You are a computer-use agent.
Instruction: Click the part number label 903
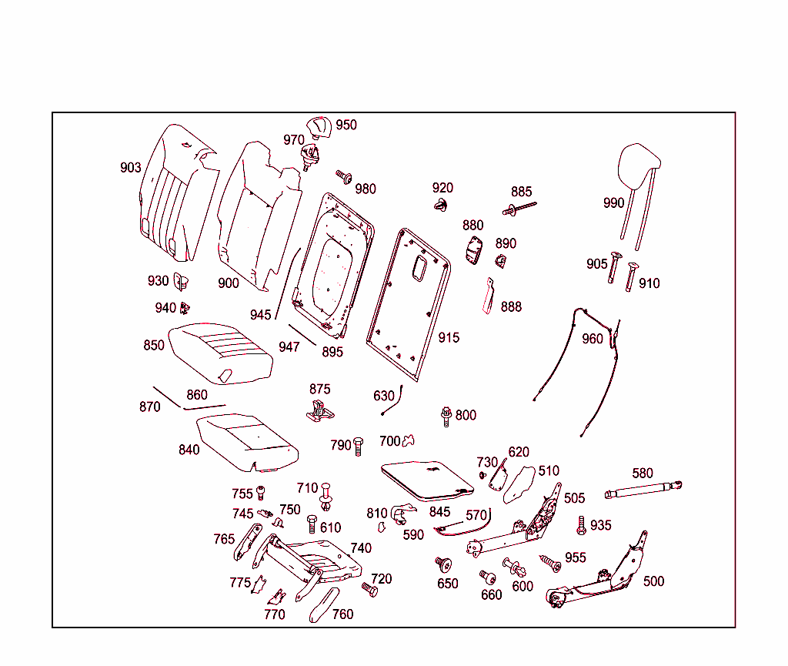click(131, 168)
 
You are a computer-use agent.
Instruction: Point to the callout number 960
click(593, 339)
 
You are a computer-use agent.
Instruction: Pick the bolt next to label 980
click(343, 178)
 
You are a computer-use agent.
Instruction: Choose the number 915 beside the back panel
click(449, 337)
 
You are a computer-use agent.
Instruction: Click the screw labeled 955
click(551, 564)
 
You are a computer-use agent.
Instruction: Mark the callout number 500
click(653, 581)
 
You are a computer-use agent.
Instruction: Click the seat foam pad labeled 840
click(246, 443)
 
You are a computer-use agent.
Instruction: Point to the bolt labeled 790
click(358, 446)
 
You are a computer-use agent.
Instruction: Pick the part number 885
click(521, 192)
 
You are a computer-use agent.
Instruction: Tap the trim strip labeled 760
click(323, 604)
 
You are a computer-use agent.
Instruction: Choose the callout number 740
click(361, 548)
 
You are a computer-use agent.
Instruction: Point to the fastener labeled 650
click(442, 566)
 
